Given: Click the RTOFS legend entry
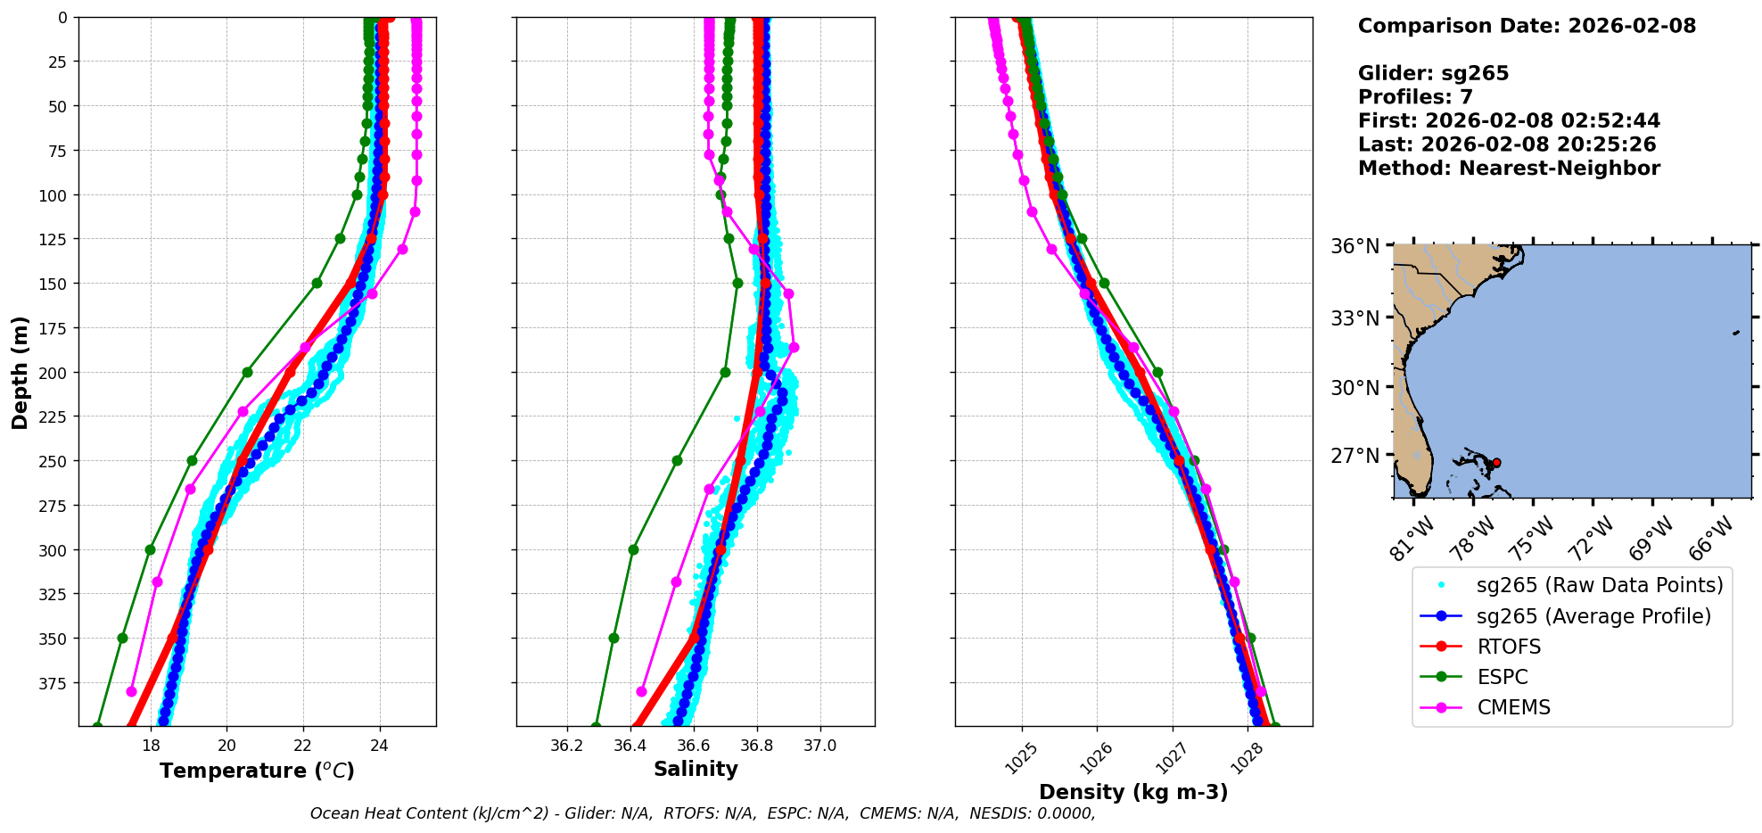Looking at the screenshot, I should (1509, 647).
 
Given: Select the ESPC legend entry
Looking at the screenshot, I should (1503, 677).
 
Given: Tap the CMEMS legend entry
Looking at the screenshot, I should (1513, 707).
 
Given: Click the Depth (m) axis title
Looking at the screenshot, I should (20, 372).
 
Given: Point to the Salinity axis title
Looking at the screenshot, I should (696, 769).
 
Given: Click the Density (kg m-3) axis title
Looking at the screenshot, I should (1133, 792).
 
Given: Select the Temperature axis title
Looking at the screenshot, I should (257, 771).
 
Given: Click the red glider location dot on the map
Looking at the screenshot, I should (1496, 463).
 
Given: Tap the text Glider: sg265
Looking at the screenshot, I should (1433, 73).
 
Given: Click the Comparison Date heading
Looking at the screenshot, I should (1527, 26).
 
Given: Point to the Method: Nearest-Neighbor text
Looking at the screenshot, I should (1509, 169).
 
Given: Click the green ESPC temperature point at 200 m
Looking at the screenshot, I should (247, 372).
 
